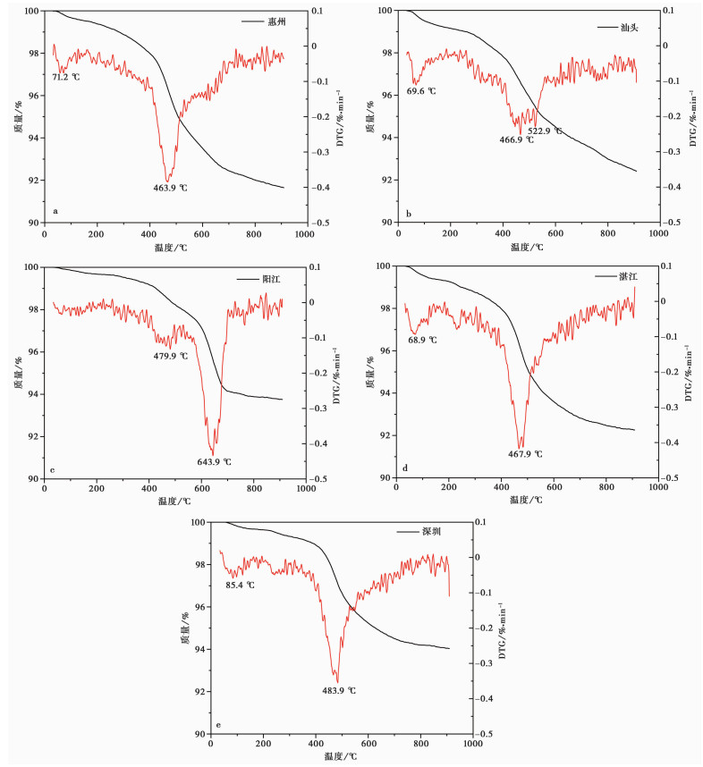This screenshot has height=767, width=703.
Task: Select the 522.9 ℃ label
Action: (x=545, y=131)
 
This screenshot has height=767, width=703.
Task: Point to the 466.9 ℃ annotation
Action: (x=516, y=139)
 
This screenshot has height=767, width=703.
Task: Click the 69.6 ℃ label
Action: (x=421, y=91)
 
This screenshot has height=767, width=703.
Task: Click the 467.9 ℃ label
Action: (x=525, y=454)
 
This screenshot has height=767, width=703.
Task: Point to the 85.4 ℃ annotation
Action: (x=239, y=585)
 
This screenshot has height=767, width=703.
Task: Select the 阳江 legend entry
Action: (x=270, y=280)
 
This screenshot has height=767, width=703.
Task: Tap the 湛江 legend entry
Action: (x=626, y=277)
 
